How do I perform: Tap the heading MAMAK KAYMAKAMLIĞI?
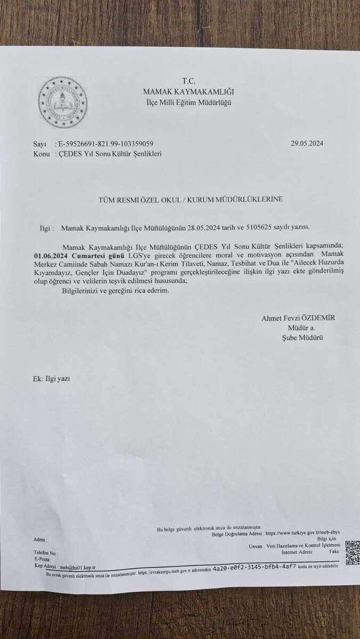(189, 92)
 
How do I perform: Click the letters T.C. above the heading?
(189, 81)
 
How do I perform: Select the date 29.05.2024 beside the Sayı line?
(307, 143)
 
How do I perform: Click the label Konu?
(41, 154)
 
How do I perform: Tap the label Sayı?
(40, 144)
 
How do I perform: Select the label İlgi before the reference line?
(47, 228)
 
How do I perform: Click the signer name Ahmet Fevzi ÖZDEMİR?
(298, 318)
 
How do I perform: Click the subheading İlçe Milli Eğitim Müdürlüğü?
(189, 102)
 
